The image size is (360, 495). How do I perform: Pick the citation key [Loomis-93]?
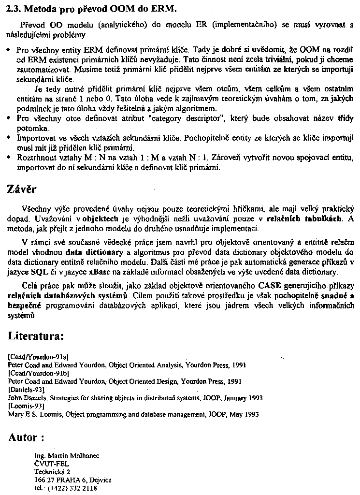pyautogui.click(x=27, y=406)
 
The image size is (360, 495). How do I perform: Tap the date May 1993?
pyautogui.click(x=245, y=414)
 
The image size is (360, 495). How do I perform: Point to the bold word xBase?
pyautogui.click(x=100, y=272)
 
